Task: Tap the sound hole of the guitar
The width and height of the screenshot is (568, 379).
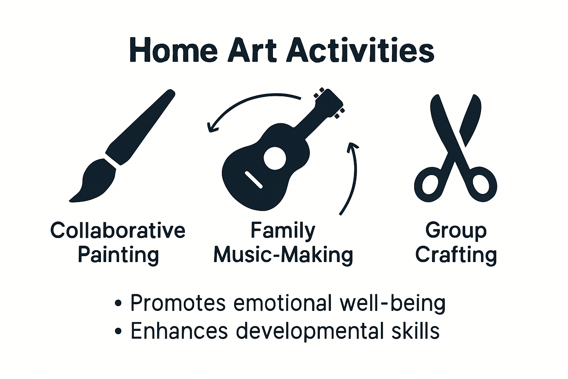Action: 275,158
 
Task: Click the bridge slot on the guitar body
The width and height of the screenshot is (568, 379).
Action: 254,180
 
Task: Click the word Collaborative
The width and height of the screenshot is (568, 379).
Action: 118,231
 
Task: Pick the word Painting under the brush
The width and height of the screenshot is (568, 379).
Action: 118,255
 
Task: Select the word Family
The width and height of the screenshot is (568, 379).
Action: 283,231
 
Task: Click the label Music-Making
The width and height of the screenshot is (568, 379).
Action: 283,255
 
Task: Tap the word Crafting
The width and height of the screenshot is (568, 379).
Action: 456,255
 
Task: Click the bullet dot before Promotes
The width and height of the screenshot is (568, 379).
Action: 118,303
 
